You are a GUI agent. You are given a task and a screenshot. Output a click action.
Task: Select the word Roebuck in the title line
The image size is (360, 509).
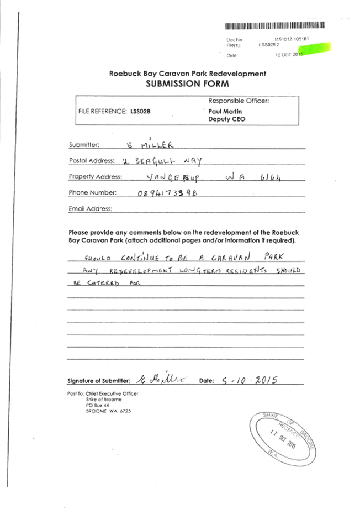tap(121, 74)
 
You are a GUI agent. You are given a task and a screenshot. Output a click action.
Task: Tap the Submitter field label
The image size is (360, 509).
tap(84, 145)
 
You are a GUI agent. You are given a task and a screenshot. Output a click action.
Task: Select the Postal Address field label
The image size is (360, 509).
tap(92, 161)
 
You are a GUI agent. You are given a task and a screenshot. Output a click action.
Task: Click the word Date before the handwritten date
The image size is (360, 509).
tap(205, 381)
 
